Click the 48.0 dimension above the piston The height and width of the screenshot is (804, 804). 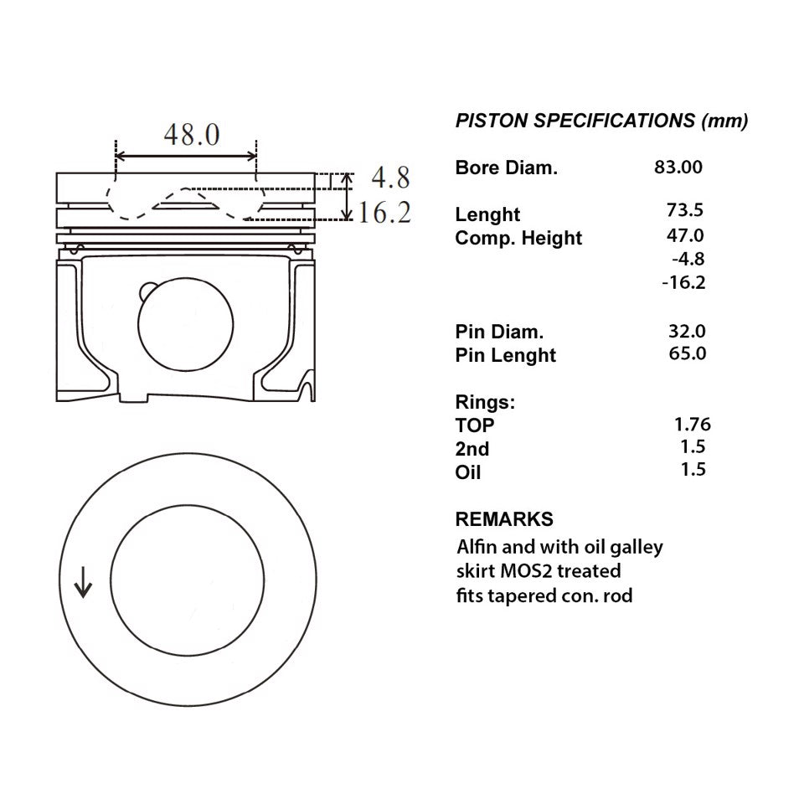click(192, 135)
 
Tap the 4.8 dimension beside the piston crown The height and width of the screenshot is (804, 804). click(391, 178)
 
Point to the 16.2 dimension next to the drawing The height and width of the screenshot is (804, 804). click(384, 212)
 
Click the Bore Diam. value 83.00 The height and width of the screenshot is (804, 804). click(678, 167)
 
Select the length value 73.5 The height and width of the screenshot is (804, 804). click(685, 210)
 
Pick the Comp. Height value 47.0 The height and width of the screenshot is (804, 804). click(685, 235)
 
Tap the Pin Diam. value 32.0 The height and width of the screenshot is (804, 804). click(687, 332)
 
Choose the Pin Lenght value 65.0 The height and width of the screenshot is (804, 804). click(687, 353)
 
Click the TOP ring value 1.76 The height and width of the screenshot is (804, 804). click(693, 425)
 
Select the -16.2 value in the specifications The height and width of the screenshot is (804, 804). click(683, 282)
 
